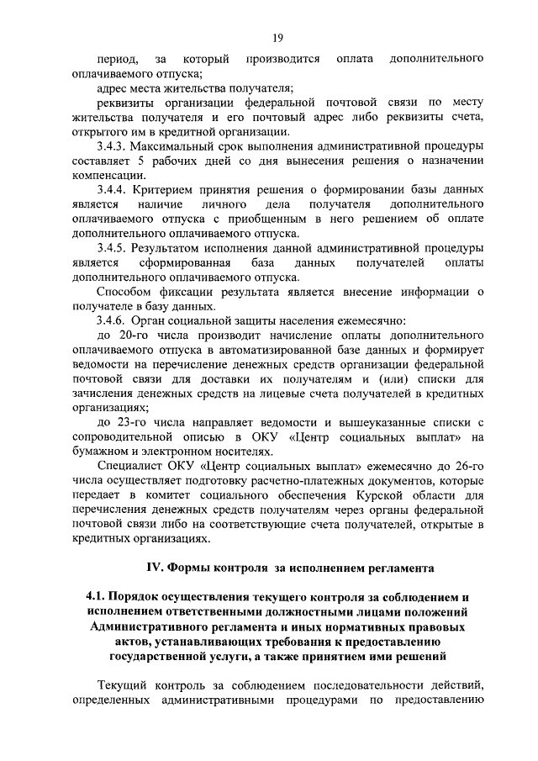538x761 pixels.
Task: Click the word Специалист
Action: point(131,466)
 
